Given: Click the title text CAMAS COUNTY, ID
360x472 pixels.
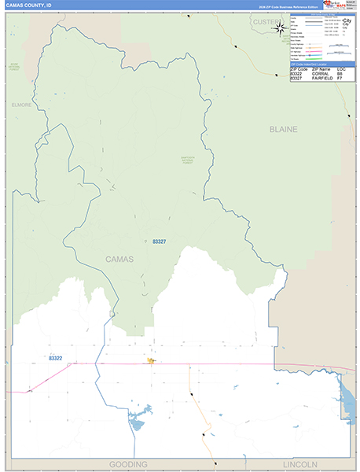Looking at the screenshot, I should pyautogui.click(x=29, y=6).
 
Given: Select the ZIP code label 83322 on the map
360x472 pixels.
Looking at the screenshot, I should pyautogui.click(x=55, y=358).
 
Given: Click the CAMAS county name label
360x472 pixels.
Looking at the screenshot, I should pyautogui.click(x=120, y=259).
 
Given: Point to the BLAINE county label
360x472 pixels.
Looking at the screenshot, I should pyautogui.click(x=283, y=127).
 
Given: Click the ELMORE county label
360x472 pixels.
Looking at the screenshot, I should pyautogui.click(x=21, y=104).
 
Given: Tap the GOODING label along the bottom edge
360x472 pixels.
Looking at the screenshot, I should pyautogui.click(x=128, y=464).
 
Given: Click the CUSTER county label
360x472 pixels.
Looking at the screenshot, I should pyautogui.click(x=266, y=22).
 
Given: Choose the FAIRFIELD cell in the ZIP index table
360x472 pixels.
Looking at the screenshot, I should pyautogui.click(x=321, y=79).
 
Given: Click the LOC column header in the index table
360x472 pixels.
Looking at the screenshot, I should pyautogui.click(x=341, y=69).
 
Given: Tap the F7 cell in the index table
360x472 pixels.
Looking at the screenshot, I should pyautogui.click(x=340, y=79).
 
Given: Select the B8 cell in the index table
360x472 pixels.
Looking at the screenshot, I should pyautogui.click(x=340, y=74).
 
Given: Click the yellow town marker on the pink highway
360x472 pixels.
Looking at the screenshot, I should pyautogui.click(x=151, y=362).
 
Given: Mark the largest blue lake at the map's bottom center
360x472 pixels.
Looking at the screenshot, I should pyautogui.click(x=137, y=426).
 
